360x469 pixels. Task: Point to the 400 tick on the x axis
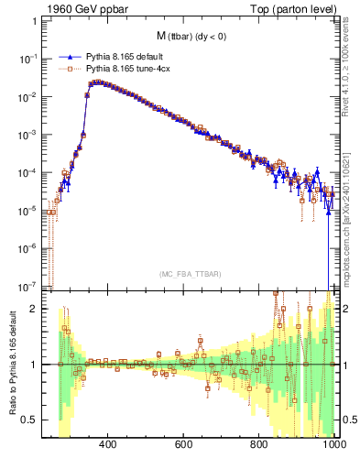point(107,444)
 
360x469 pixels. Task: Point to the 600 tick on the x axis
point(183,444)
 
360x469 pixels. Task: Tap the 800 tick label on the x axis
point(259,444)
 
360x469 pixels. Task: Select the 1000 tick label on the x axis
point(333,444)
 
